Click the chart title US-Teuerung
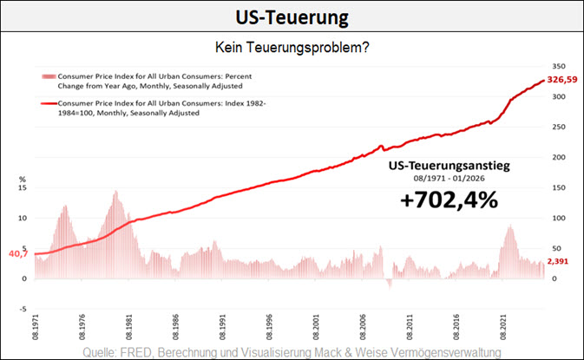292,17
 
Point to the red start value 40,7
16,254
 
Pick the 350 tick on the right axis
558,66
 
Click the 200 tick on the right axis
558,157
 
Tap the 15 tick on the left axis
23,188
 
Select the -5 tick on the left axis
23,308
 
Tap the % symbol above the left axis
23,179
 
